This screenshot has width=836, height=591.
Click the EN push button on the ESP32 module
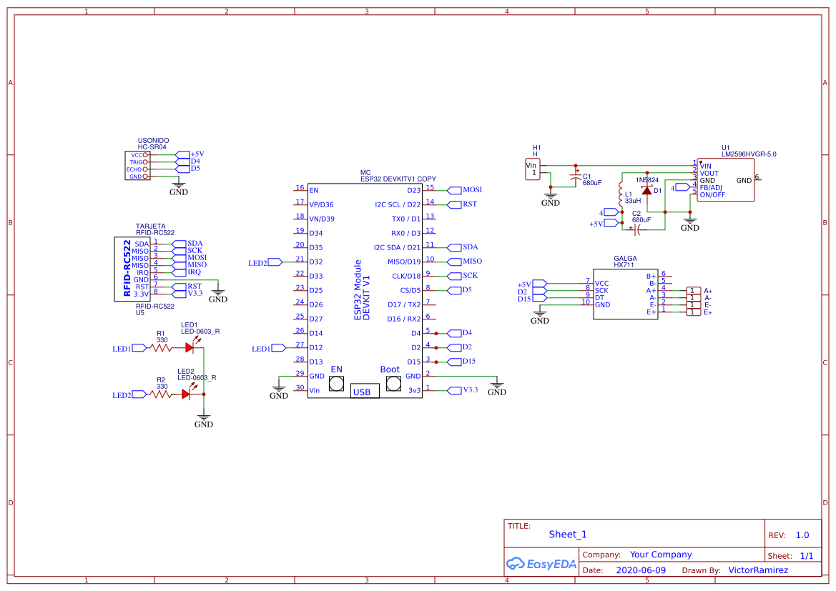click(336, 384)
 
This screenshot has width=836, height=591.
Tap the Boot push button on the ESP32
click(393, 384)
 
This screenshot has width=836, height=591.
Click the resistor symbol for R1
click(162, 348)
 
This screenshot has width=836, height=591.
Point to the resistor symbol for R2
click(162, 394)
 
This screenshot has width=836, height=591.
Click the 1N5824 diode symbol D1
click(647, 190)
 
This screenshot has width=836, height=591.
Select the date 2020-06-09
click(641, 570)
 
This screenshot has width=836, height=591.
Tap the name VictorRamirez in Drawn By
click(757, 570)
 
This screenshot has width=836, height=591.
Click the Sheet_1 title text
click(568, 535)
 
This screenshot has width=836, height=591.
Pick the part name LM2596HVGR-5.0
click(749, 154)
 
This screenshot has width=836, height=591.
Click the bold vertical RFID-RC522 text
click(127, 268)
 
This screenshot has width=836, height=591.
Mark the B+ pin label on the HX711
click(651, 276)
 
